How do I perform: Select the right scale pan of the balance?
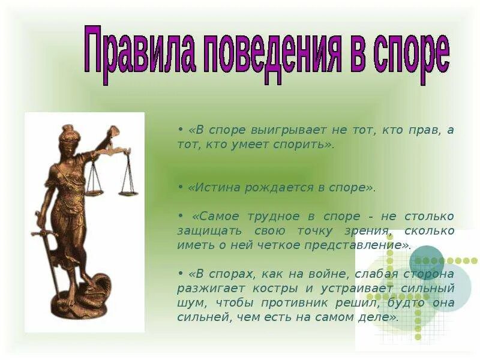click(128, 192)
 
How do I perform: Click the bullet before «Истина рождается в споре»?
click(180, 187)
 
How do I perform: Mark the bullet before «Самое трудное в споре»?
click(180, 216)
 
